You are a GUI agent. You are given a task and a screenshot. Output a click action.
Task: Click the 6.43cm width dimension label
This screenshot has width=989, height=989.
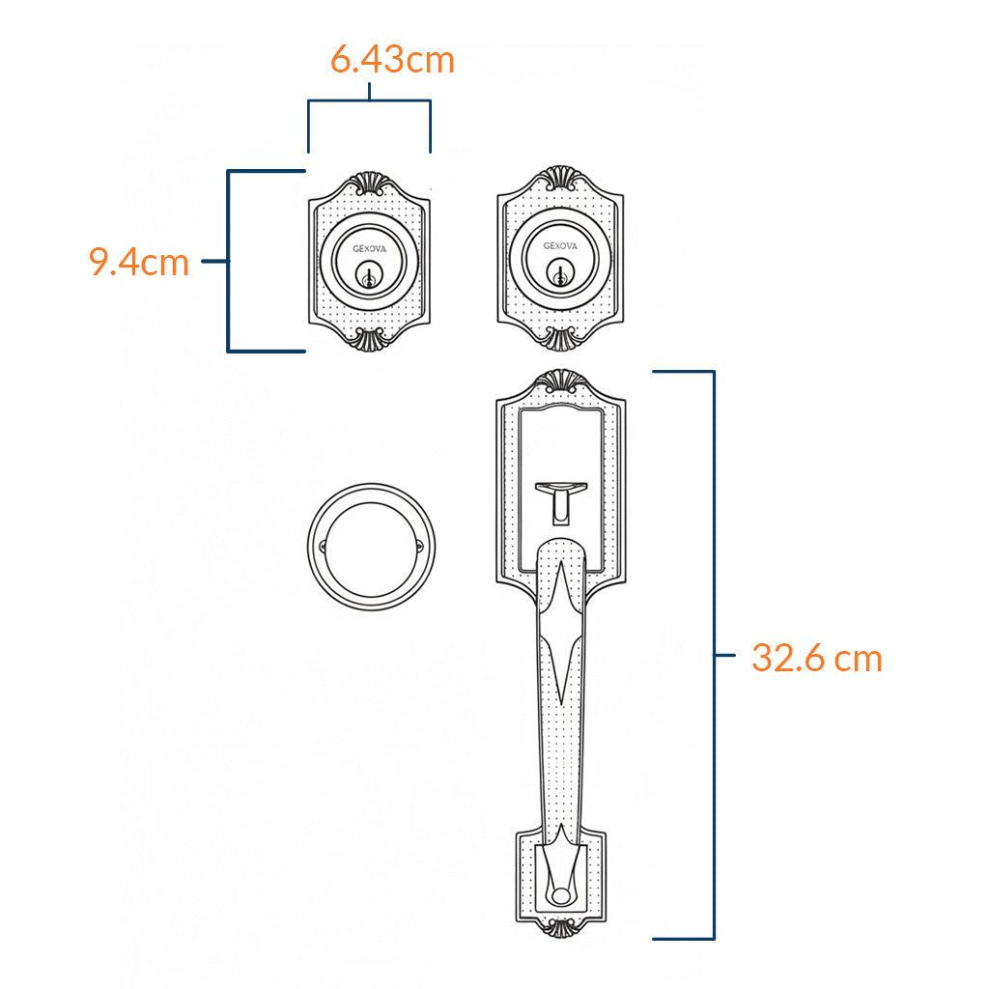click(x=392, y=60)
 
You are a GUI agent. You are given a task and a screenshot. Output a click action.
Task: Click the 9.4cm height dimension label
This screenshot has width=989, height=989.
click(x=139, y=262)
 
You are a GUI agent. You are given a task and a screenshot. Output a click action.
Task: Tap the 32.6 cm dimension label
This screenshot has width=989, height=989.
click(x=817, y=659)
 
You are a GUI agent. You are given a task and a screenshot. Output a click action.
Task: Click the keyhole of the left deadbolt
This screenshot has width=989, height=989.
click(x=368, y=278)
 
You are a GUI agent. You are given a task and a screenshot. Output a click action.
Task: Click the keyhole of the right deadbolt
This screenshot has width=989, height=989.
click(x=558, y=278)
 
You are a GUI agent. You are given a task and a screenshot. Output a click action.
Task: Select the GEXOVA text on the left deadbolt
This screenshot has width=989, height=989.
click(x=369, y=246)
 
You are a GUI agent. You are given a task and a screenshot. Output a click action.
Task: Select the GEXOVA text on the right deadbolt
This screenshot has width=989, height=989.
click(x=559, y=245)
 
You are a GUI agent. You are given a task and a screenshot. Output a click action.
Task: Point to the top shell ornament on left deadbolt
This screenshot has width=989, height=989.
click(x=369, y=183)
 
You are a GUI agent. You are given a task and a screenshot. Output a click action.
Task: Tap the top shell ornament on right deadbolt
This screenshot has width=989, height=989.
click(x=559, y=179)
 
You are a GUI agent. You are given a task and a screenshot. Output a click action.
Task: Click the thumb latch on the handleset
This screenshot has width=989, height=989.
click(x=559, y=501)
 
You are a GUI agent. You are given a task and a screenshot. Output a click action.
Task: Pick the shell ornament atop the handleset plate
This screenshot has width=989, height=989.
click(x=559, y=381)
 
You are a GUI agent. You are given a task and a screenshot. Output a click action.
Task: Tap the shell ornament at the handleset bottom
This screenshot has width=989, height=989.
click(x=560, y=929)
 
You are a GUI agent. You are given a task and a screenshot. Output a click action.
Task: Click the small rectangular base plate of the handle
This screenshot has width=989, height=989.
click(x=560, y=874)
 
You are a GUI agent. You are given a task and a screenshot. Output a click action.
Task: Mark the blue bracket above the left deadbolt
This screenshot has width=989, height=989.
click(x=369, y=100)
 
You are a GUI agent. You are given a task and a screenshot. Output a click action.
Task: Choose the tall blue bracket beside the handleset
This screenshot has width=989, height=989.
click(x=713, y=655)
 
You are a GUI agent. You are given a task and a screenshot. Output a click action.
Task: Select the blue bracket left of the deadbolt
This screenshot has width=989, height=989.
click(x=229, y=261)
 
